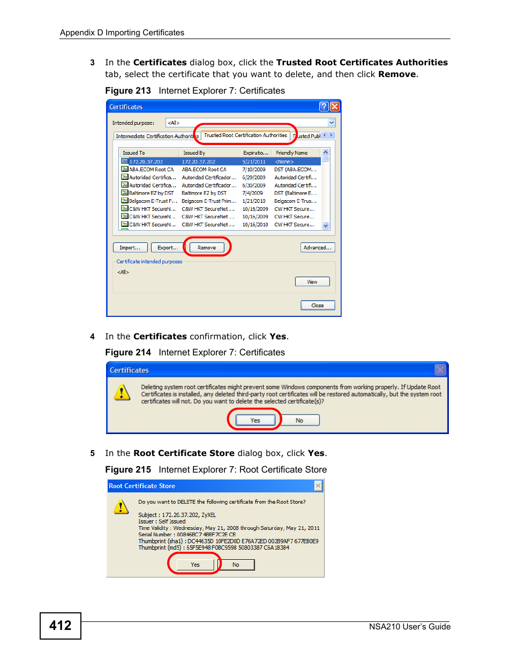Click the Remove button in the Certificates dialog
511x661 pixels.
tap(207, 247)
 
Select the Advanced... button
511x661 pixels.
tap(317, 247)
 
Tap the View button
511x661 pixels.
tap(312, 282)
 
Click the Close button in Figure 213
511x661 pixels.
tap(317, 305)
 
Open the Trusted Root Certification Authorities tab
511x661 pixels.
tap(245, 135)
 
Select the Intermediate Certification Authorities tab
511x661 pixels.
tap(156, 136)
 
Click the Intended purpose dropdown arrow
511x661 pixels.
tap(332, 123)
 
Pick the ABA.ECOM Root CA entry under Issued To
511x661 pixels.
tap(152, 170)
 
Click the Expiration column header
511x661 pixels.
tap(255, 153)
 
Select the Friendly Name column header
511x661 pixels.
tap(292, 153)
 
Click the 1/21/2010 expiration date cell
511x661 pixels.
tap(254, 201)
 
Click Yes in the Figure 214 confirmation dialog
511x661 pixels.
tap(255, 420)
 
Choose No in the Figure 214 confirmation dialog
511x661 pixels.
tap(299, 420)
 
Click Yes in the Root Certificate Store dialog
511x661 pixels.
tap(195, 565)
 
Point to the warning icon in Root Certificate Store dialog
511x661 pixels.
tap(122, 506)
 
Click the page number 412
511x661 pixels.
tap(61, 626)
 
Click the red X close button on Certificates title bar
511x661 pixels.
tap(334, 107)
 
